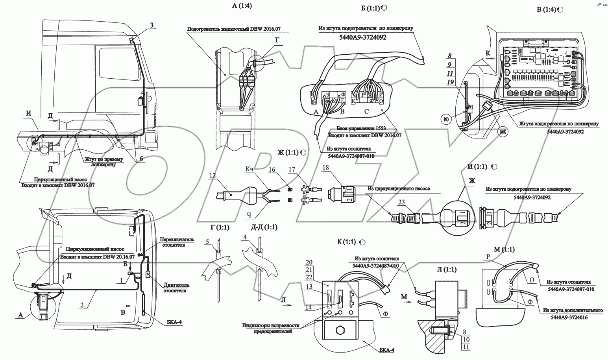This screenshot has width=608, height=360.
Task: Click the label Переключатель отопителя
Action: pyautogui.click(x=172, y=242)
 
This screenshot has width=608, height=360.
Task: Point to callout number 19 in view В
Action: pyautogui.click(x=451, y=81)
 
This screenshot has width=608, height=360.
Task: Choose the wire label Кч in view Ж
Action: pyautogui.click(x=249, y=169)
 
